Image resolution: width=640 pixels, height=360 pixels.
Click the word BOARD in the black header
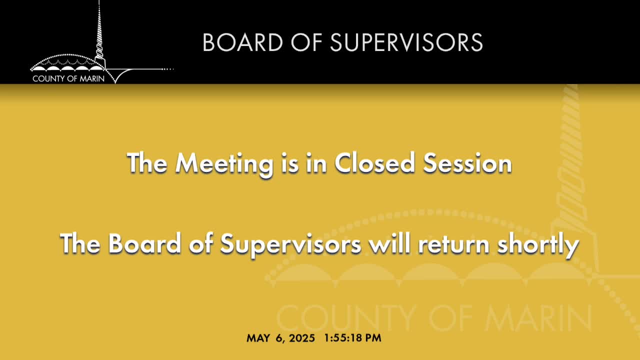(x=242, y=42)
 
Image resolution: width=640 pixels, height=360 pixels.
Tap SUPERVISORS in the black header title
(x=406, y=42)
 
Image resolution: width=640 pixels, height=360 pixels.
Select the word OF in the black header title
(x=306, y=42)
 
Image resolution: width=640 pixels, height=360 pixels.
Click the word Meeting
(x=224, y=163)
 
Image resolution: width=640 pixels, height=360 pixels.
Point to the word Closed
(x=374, y=163)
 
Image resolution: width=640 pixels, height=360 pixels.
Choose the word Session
(x=467, y=163)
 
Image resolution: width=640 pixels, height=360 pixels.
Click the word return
(x=453, y=245)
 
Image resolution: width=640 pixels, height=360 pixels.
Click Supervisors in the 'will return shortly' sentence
(x=291, y=245)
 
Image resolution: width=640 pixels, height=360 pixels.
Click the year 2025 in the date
(x=302, y=338)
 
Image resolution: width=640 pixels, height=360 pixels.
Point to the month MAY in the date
(x=258, y=338)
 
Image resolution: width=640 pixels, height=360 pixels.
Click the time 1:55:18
(x=343, y=338)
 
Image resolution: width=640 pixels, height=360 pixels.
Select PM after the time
(x=373, y=338)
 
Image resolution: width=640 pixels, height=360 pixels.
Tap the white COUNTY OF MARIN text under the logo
(x=68, y=78)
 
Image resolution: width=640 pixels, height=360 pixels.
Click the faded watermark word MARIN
(x=538, y=318)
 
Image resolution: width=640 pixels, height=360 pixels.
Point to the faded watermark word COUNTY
(x=345, y=318)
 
